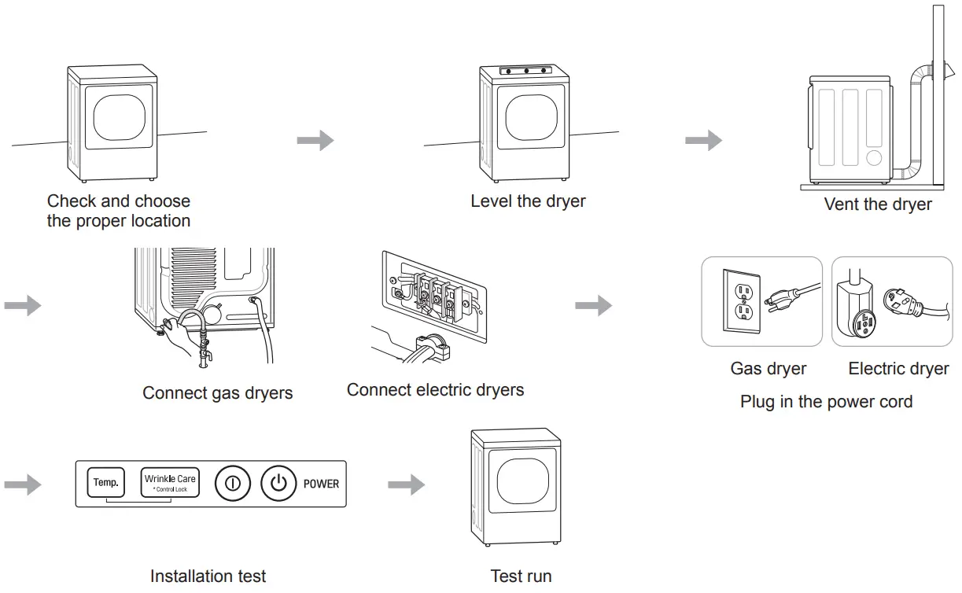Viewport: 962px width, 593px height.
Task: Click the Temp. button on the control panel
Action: pos(105,483)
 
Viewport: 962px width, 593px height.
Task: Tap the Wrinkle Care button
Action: pos(170,483)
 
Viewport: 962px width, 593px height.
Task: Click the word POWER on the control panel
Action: pos(321,484)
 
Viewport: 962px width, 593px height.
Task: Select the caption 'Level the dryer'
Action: pos(528,201)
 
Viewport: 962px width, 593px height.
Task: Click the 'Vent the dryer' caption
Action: pos(877,204)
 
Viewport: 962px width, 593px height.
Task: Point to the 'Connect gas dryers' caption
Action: pos(217,393)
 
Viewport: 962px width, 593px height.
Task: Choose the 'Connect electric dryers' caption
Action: pos(435,390)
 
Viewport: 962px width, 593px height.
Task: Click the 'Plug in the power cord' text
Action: pos(826,402)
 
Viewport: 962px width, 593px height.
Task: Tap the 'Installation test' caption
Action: pos(208,576)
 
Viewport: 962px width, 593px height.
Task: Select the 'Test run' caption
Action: pos(521,576)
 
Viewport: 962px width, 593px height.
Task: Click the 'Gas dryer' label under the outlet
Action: pos(768,369)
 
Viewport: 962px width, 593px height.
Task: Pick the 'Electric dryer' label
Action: pos(898,369)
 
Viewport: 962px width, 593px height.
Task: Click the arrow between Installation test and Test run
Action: pos(406,484)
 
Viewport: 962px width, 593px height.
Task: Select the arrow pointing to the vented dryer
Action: pos(703,141)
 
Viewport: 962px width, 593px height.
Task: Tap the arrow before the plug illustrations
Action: pos(593,306)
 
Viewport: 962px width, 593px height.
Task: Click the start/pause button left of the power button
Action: pos(232,484)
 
